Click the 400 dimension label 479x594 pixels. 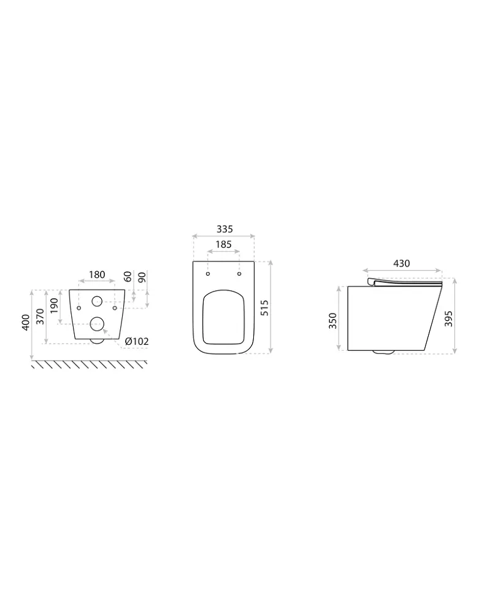(x=25, y=322)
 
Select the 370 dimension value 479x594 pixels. (x=40, y=317)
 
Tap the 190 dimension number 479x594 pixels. (x=54, y=306)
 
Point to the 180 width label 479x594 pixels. (x=97, y=275)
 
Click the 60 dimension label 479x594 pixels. (x=128, y=277)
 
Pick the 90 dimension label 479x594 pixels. (x=142, y=277)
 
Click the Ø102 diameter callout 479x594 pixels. (x=137, y=341)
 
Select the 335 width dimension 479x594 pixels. (x=224, y=229)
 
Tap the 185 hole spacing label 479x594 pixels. (x=224, y=245)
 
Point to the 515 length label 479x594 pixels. (x=264, y=307)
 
